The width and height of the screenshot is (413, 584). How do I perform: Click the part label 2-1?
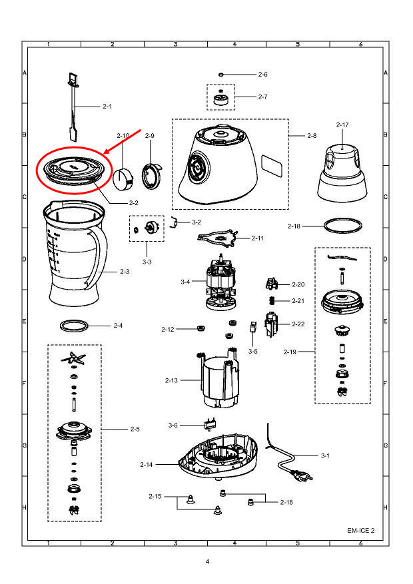[107, 107]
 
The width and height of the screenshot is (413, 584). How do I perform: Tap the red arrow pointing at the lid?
[126, 143]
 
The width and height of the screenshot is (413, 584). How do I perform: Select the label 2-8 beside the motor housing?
[312, 136]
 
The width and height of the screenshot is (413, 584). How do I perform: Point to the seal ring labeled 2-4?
[73, 326]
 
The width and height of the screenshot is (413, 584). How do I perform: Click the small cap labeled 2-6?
[221, 75]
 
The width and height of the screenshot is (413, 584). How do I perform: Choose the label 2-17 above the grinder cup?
[342, 125]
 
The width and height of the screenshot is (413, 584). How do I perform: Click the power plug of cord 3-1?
[305, 477]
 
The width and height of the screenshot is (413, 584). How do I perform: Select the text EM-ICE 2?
[361, 531]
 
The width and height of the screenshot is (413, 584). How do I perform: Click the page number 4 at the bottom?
[207, 562]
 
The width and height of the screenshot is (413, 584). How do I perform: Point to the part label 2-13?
[171, 380]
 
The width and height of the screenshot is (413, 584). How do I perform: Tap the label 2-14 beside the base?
[147, 464]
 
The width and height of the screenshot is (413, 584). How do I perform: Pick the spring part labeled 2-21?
[272, 300]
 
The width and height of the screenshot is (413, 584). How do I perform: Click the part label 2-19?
[290, 351]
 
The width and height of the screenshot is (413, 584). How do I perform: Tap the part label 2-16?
[286, 502]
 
